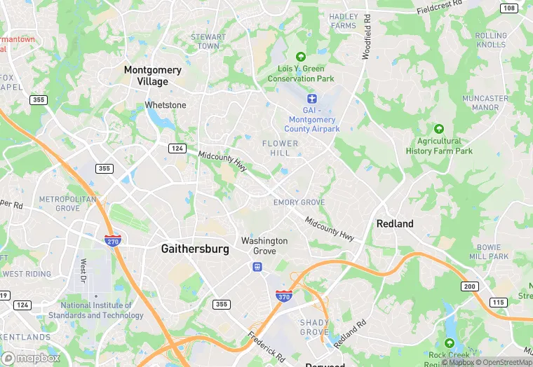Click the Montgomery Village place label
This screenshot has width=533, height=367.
(x=152, y=76)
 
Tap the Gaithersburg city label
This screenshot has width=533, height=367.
(x=194, y=249)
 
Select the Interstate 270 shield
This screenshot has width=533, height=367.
(x=112, y=240)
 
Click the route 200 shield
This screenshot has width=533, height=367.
(x=469, y=286)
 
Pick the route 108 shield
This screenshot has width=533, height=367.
(x=509, y=8)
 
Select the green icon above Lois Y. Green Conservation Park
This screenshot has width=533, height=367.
(x=301, y=57)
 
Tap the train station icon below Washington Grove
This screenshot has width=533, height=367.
(x=257, y=267)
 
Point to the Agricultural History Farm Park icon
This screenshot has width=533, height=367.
(x=439, y=129)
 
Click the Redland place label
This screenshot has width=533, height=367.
(x=395, y=224)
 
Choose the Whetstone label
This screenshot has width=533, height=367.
(x=166, y=105)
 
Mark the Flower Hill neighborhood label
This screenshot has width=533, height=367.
(x=280, y=148)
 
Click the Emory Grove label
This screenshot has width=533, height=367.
(x=299, y=202)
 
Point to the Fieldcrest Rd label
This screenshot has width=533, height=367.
(x=440, y=8)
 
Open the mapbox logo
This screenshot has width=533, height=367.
(x=31, y=357)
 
